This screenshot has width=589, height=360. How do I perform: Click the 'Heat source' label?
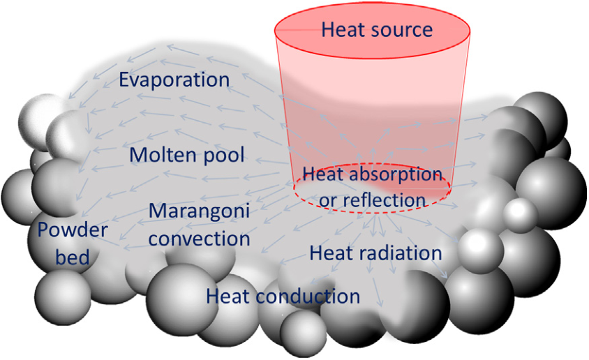tap(377, 30)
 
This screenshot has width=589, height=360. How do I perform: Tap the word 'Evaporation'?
tap(174, 80)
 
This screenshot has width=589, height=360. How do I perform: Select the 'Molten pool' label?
tap(187, 155)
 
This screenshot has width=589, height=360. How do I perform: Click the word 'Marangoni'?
tap(199, 211)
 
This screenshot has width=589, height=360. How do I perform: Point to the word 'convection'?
tap(199, 239)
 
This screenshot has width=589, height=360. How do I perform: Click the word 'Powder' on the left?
tap(73, 230)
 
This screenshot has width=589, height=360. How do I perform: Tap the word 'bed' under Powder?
tap(73, 257)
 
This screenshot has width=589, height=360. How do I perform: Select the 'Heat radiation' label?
tap(375, 253)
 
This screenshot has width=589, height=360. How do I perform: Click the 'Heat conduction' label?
tap(283, 297)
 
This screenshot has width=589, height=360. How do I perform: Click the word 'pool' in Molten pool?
tap(224, 156)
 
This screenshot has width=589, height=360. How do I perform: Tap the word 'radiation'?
tap(401, 253)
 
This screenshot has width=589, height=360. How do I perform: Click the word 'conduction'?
tap(308, 297)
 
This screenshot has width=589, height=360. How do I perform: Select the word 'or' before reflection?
tap(327, 202)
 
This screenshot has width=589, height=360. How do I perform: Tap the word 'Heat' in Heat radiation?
tap(331, 253)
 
